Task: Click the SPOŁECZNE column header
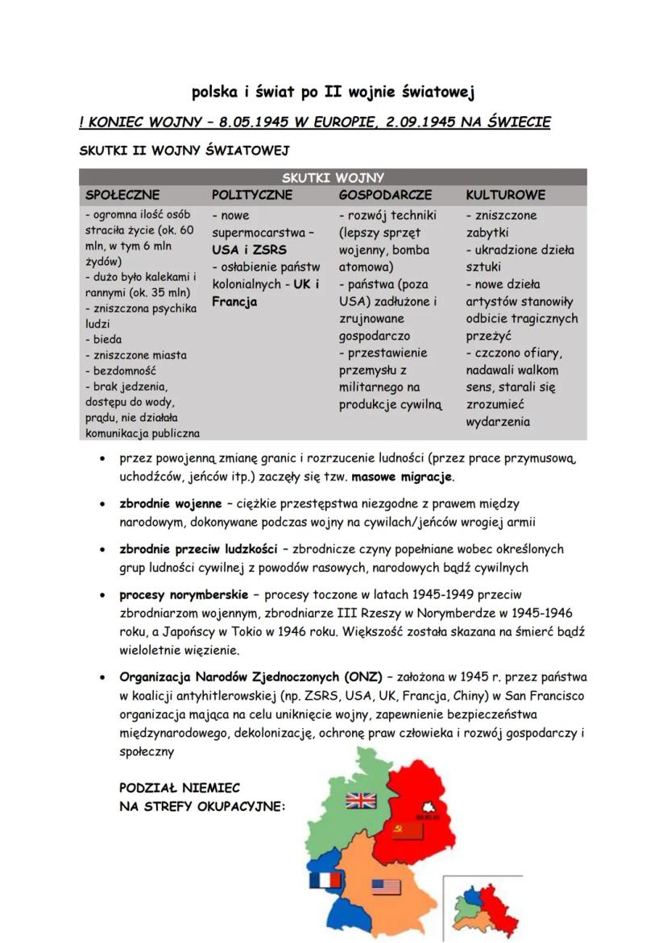tap(122, 195)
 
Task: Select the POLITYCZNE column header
tap(251, 195)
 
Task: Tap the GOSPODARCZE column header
tap(385, 195)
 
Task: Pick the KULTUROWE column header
tap(505, 195)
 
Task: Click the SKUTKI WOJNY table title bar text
tap(333, 178)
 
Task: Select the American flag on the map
tap(387, 887)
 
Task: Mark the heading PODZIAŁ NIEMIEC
tap(179, 788)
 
